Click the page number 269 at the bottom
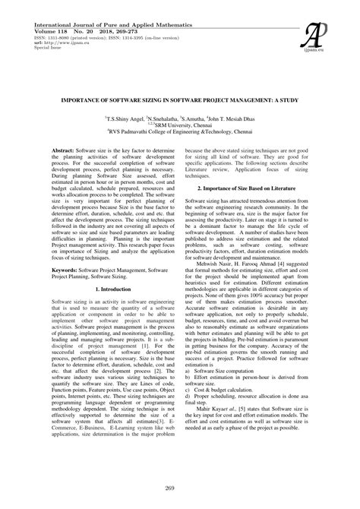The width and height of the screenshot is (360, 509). [180, 486]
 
